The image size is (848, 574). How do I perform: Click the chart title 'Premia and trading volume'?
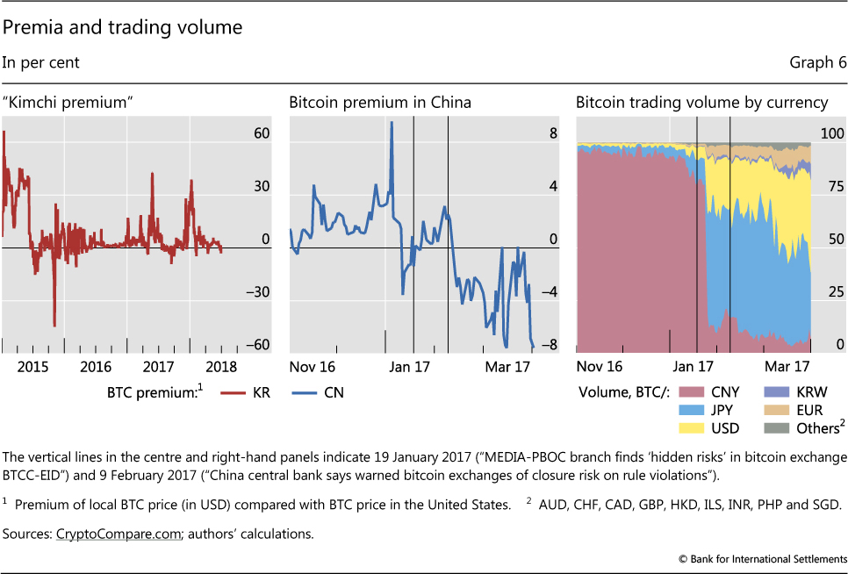click(x=122, y=28)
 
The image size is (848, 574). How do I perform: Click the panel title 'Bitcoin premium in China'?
click(x=380, y=103)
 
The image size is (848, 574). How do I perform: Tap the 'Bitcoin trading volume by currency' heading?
click(x=702, y=103)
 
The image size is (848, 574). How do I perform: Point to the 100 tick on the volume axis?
click(x=832, y=134)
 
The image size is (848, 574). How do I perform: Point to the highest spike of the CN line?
click(x=392, y=122)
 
